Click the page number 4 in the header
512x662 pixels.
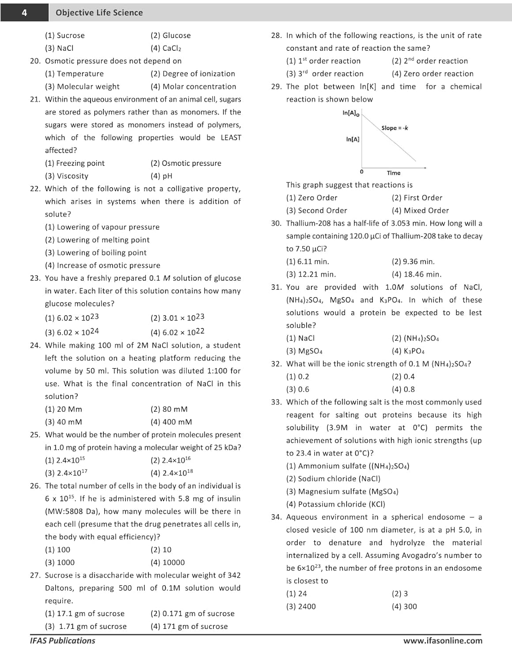pos(24,13)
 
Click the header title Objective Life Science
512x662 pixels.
pos(99,13)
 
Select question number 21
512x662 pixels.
pos(35,99)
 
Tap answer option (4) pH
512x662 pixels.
pos(161,176)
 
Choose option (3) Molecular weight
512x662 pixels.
pos(82,87)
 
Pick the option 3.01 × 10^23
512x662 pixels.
pos(177,318)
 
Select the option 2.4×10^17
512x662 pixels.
pos(66,473)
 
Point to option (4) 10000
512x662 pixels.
pos(167,562)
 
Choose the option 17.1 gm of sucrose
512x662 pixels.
pos(85,613)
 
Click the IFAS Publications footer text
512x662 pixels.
pos(62,640)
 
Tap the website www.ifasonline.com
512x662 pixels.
pos(443,640)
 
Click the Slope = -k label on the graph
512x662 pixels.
pos(394,128)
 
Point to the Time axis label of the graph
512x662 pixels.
pos(394,173)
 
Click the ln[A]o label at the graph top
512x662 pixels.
pos(351,113)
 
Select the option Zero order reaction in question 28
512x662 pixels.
pos(432,74)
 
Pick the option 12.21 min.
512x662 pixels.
pos(311,274)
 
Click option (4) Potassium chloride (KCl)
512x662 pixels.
pos(336,504)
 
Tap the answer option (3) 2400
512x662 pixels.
pos(301,606)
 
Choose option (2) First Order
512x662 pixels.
pos(417,198)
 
